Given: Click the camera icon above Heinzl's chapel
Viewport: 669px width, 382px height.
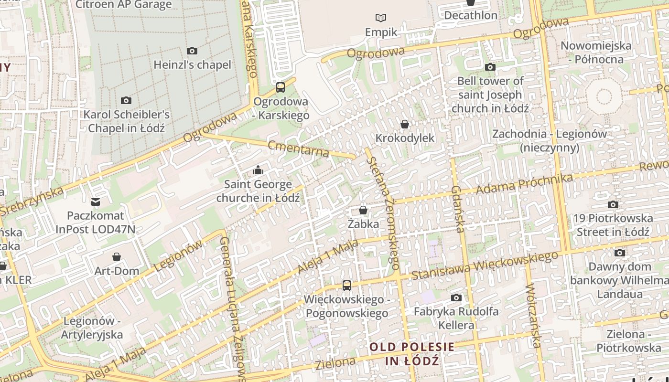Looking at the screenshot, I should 192,51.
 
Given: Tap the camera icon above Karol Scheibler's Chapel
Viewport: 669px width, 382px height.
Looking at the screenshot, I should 126,100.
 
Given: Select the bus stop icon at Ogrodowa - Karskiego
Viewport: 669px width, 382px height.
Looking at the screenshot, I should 281,87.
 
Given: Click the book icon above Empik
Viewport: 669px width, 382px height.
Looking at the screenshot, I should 381,18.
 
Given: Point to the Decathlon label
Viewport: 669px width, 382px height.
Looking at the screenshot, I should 471,15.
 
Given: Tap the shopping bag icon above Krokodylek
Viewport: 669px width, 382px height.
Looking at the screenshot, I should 405,125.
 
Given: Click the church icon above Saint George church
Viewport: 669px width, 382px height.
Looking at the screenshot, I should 258,170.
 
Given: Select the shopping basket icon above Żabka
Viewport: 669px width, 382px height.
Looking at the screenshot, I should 363,210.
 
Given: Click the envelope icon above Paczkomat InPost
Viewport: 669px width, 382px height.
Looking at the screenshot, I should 96,202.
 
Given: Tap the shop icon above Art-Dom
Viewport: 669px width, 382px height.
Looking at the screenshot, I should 117,257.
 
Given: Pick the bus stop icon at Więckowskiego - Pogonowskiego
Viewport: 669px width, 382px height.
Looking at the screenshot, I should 347,286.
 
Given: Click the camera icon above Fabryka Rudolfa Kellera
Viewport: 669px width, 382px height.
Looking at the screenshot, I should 456,298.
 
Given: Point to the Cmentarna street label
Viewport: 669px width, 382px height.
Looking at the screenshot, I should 299,149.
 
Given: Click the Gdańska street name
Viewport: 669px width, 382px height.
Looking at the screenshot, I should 457,209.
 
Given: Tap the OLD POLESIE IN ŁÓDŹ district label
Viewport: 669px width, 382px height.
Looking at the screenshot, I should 412,353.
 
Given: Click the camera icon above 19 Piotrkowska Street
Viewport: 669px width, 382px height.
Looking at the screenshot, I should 613,205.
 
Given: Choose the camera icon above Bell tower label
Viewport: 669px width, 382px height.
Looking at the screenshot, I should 490,67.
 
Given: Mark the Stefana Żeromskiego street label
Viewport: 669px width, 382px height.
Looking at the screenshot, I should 383,210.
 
